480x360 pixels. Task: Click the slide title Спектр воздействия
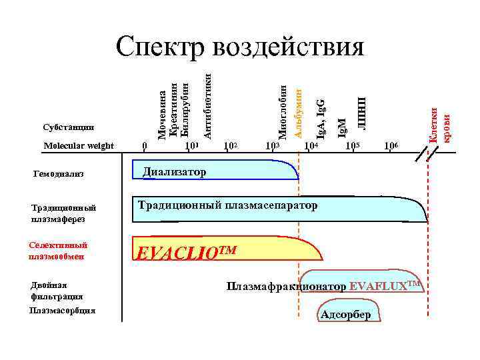click(x=240, y=47)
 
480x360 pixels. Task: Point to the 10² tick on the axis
click(x=231, y=146)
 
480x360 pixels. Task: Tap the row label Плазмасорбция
click(x=63, y=311)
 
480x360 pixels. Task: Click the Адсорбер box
click(x=345, y=315)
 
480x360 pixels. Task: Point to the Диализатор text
click(x=175, y=172)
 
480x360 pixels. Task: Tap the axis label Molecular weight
click(x=78, y=146)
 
